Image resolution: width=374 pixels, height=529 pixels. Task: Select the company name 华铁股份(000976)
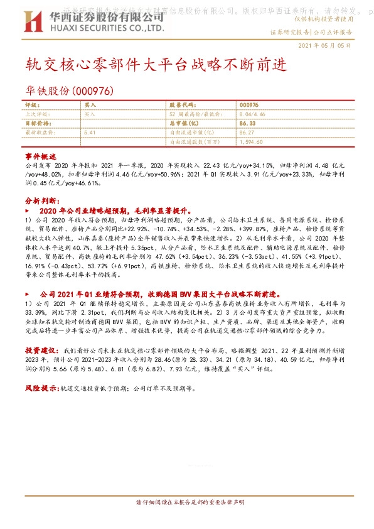pyautogui.click(x=69, y=91)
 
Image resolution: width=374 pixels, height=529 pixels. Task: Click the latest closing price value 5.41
pyautogui.click(x=89, y=133)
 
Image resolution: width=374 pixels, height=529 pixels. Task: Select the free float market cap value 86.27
pyautogui.click(x=247, y=133)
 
